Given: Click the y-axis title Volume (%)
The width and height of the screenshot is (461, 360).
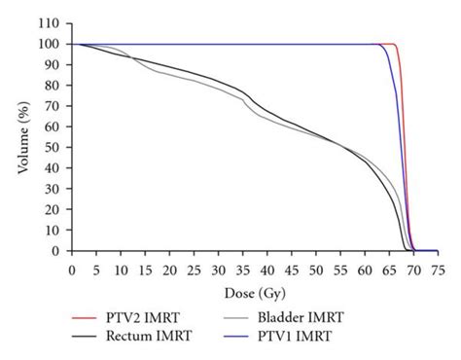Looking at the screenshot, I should coord(21,137).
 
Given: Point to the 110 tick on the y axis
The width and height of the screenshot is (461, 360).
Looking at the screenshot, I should coord(51,23).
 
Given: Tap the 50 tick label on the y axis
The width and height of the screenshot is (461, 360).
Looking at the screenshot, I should coord(53,148).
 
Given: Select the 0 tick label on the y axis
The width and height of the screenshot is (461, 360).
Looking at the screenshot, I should coord(57,251).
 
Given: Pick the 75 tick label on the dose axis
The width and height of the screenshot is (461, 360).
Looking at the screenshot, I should coord(439,268).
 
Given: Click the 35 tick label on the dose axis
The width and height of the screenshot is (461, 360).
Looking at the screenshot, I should coord(242,268).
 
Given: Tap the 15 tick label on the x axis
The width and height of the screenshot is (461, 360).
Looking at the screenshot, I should coord(145,268).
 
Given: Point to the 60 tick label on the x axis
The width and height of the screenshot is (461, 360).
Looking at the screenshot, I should coord(366,268).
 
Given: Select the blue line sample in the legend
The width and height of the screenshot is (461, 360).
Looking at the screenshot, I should coord(254,337).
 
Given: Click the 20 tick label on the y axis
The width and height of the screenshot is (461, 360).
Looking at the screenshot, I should coord(53,210).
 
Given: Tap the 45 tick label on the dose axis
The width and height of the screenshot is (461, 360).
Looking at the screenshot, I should coord(292,268).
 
